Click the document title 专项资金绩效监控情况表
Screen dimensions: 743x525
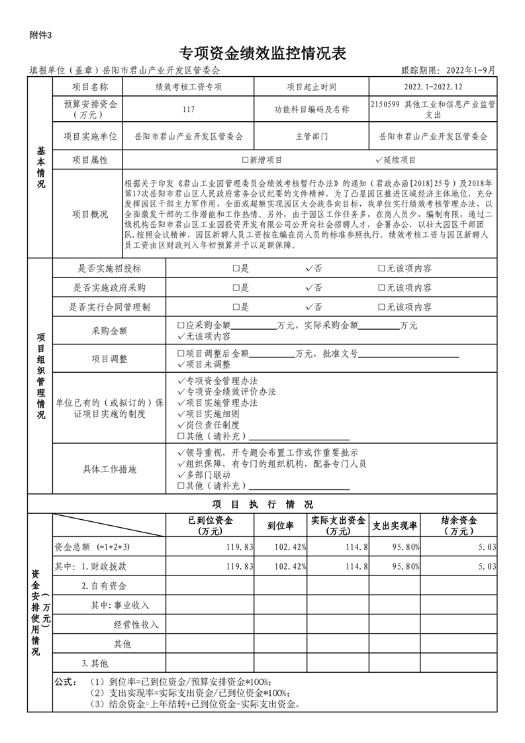point(263,53)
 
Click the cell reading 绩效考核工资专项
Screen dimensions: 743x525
point(189,87)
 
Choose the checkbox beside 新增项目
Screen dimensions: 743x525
point(245,160)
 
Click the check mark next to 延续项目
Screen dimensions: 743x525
point(379,160)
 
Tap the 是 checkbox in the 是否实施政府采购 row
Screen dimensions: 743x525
point(236,288)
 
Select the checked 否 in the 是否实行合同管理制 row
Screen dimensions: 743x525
point(309,307)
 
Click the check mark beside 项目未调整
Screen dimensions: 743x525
point(181,364)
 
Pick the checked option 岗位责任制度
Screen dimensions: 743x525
point(181,425)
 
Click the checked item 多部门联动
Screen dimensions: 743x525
point(181,475)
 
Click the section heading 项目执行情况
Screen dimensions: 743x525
point(263,504)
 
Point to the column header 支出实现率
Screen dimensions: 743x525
point(395,526)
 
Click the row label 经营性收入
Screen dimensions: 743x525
point(136,624)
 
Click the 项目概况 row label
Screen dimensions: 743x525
point(90,214)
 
